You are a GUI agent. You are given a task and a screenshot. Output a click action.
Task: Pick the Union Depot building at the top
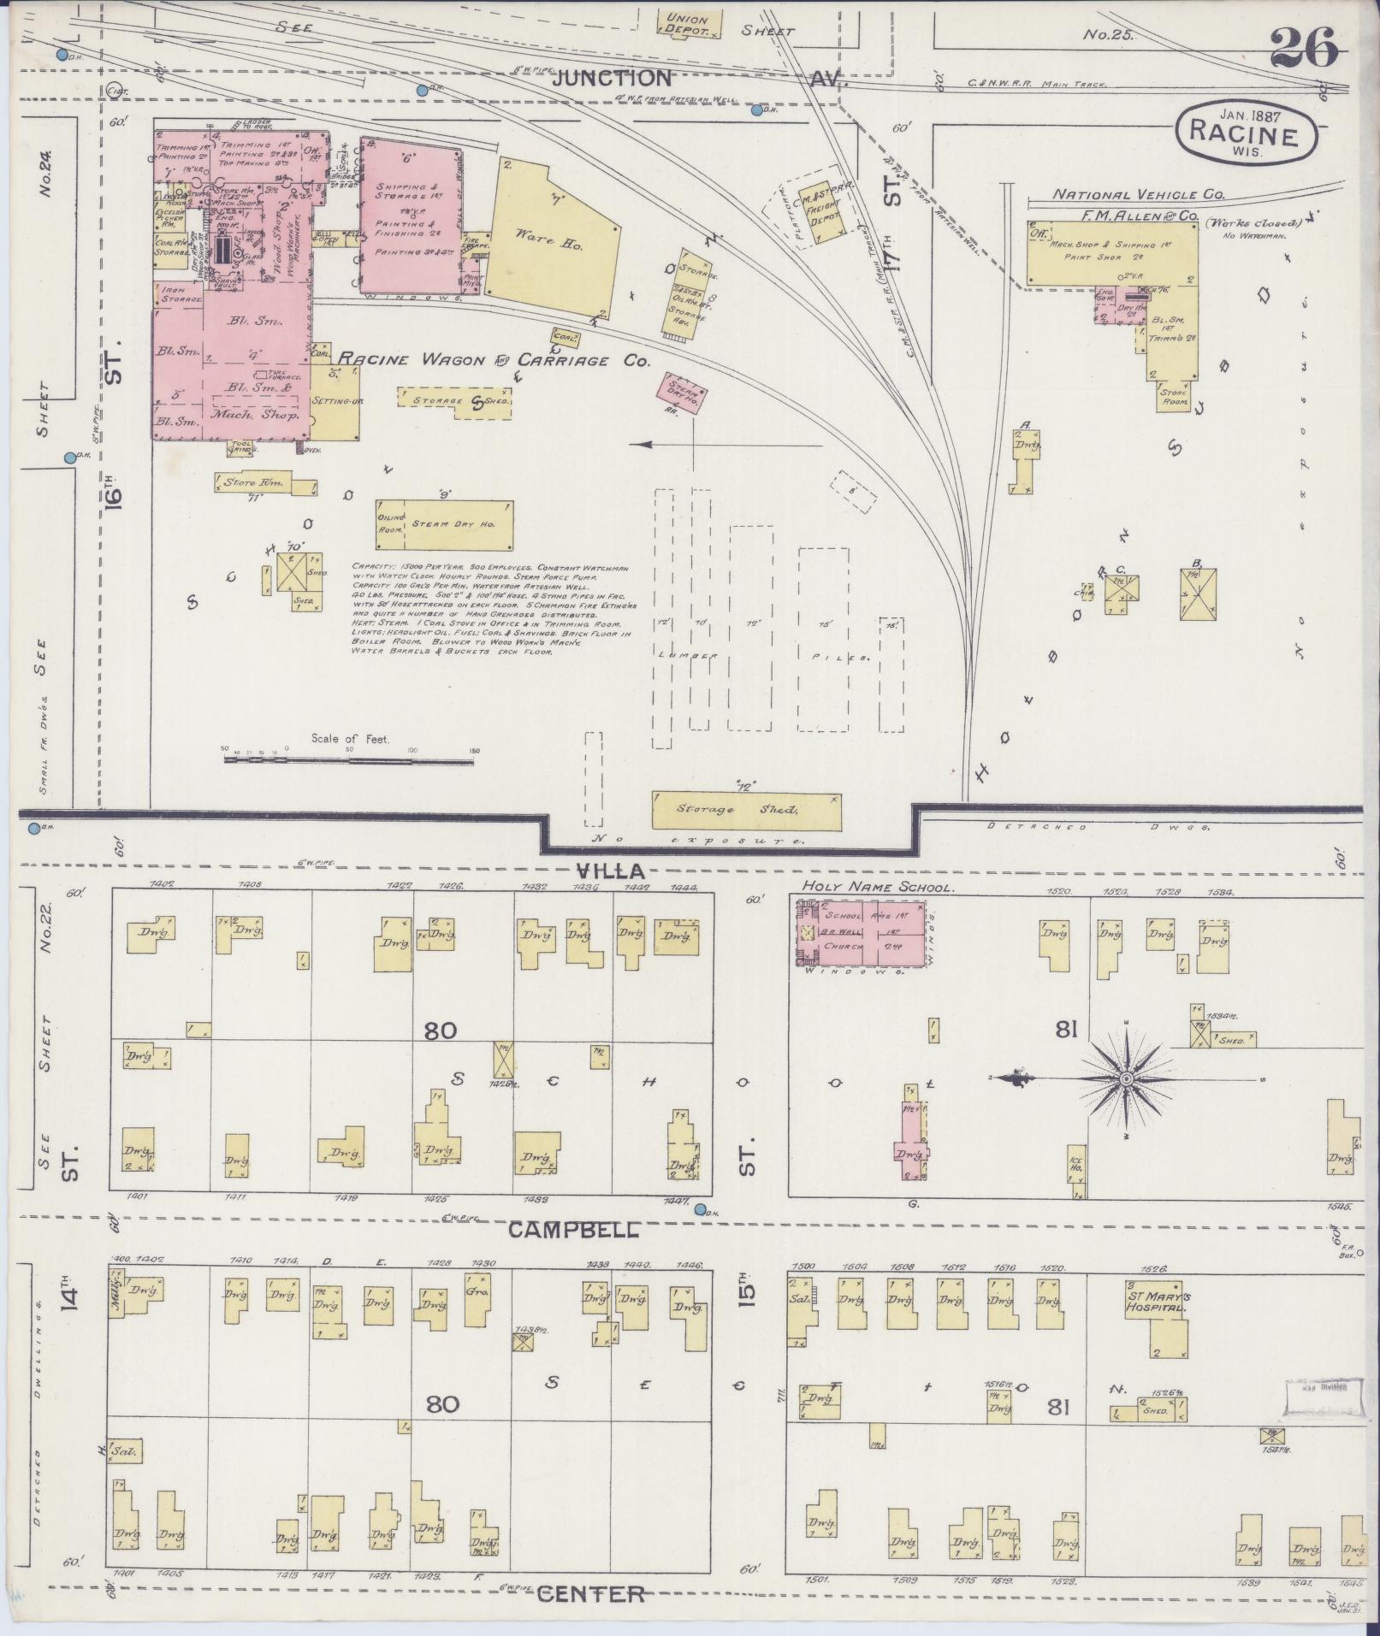click(x=690, y=24)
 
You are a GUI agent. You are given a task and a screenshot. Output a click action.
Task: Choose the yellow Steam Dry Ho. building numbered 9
click(x=444, y=524)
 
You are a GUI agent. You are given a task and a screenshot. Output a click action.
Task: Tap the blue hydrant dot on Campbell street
click(x=701, y=1209)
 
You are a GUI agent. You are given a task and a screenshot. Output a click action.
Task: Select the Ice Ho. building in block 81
click(x=1076, y=1171)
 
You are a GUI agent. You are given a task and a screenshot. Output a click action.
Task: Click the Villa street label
click(x=612, y=871)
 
